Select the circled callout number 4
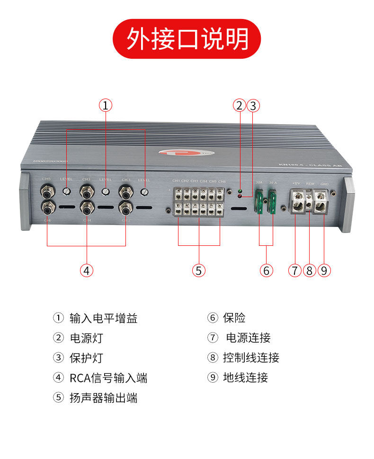(86, 270)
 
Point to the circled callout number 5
(199, 270)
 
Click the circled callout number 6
(267, 270)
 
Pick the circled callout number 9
(324, 270)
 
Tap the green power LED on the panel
(240, 189)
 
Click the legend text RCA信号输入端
(108, 378)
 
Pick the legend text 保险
(234, 318)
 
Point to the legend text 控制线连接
(251, 358)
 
